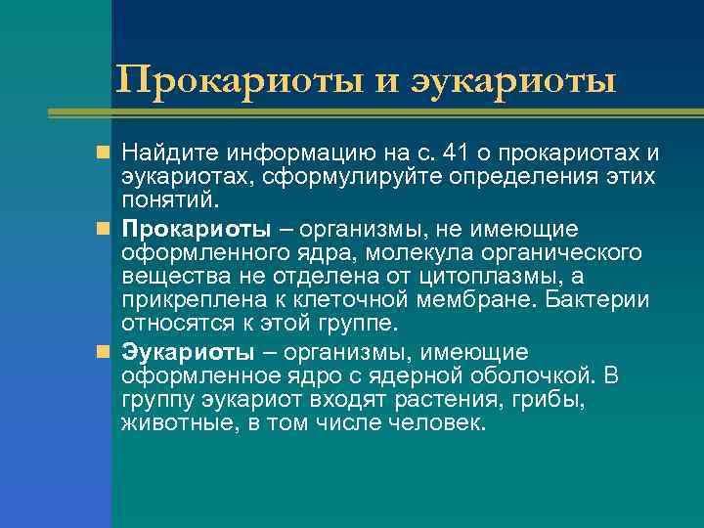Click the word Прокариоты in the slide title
239,79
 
